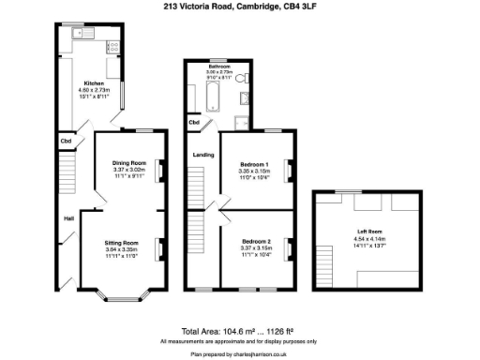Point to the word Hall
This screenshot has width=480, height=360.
pos(68,218)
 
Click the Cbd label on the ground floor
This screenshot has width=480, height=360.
pos(66,142)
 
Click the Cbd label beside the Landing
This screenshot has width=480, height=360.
pos(194,123)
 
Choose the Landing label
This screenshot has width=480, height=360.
pos(202,155)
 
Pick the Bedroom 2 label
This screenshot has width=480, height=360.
pos(254,242)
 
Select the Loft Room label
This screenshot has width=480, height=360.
pos(368,232)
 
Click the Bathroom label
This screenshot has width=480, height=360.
pos(220,67)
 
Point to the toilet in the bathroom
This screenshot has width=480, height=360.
pos(242,78)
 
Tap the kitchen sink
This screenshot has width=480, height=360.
pos(81,34)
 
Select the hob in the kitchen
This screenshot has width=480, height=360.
pos(111,44)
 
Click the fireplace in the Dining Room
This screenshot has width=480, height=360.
pos(157,170)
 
